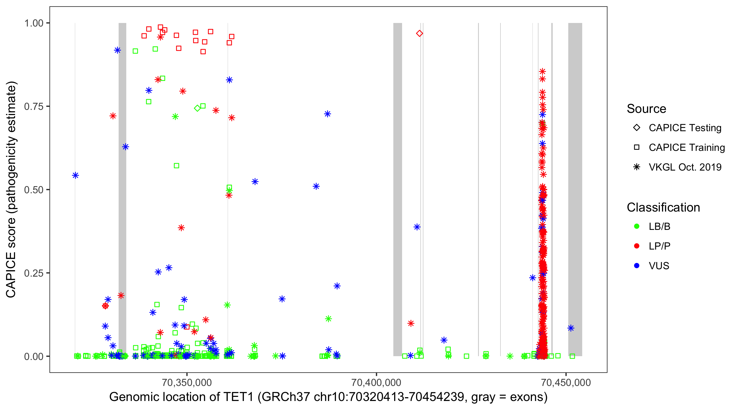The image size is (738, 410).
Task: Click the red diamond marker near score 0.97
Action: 419,34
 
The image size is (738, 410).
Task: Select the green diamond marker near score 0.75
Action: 197,108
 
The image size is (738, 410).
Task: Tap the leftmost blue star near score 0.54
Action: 75,175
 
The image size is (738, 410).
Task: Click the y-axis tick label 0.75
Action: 33,106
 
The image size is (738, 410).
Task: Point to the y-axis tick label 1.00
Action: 33,23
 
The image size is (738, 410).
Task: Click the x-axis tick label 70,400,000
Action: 376,382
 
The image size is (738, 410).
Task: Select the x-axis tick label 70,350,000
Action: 187,382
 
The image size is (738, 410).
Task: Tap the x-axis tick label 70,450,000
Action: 566,382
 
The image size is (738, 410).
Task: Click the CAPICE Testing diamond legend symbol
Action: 637,128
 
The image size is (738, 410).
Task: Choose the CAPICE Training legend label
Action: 687,148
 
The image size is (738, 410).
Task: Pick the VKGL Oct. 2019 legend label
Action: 685,167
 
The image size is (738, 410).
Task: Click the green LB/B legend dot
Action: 637,226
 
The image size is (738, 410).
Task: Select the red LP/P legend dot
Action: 637,246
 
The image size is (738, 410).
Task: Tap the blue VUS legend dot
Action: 637,266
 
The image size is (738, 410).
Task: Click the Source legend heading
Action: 646,109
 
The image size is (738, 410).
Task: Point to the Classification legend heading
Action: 663,207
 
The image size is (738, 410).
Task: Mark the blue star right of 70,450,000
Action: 571,328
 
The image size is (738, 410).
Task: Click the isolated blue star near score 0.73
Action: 327,114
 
